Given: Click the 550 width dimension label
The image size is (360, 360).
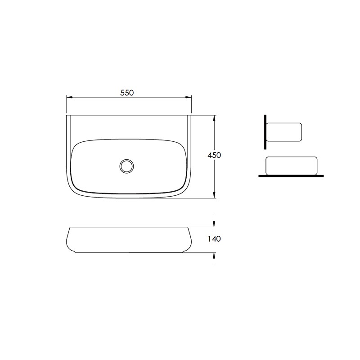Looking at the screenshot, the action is tap(127, 93).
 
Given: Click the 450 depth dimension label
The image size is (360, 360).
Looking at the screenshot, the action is tap(214, 155).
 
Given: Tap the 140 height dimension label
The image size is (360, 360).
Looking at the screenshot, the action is tap(214, 239).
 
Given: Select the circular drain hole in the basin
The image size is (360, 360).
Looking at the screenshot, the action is tap(126, 166).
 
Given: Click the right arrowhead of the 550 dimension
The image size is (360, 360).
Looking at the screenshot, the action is tap(188, 97).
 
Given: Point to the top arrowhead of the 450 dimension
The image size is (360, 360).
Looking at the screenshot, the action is tap(214, 118).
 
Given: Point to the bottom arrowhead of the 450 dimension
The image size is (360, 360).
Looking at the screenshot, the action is tap(214, 194).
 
